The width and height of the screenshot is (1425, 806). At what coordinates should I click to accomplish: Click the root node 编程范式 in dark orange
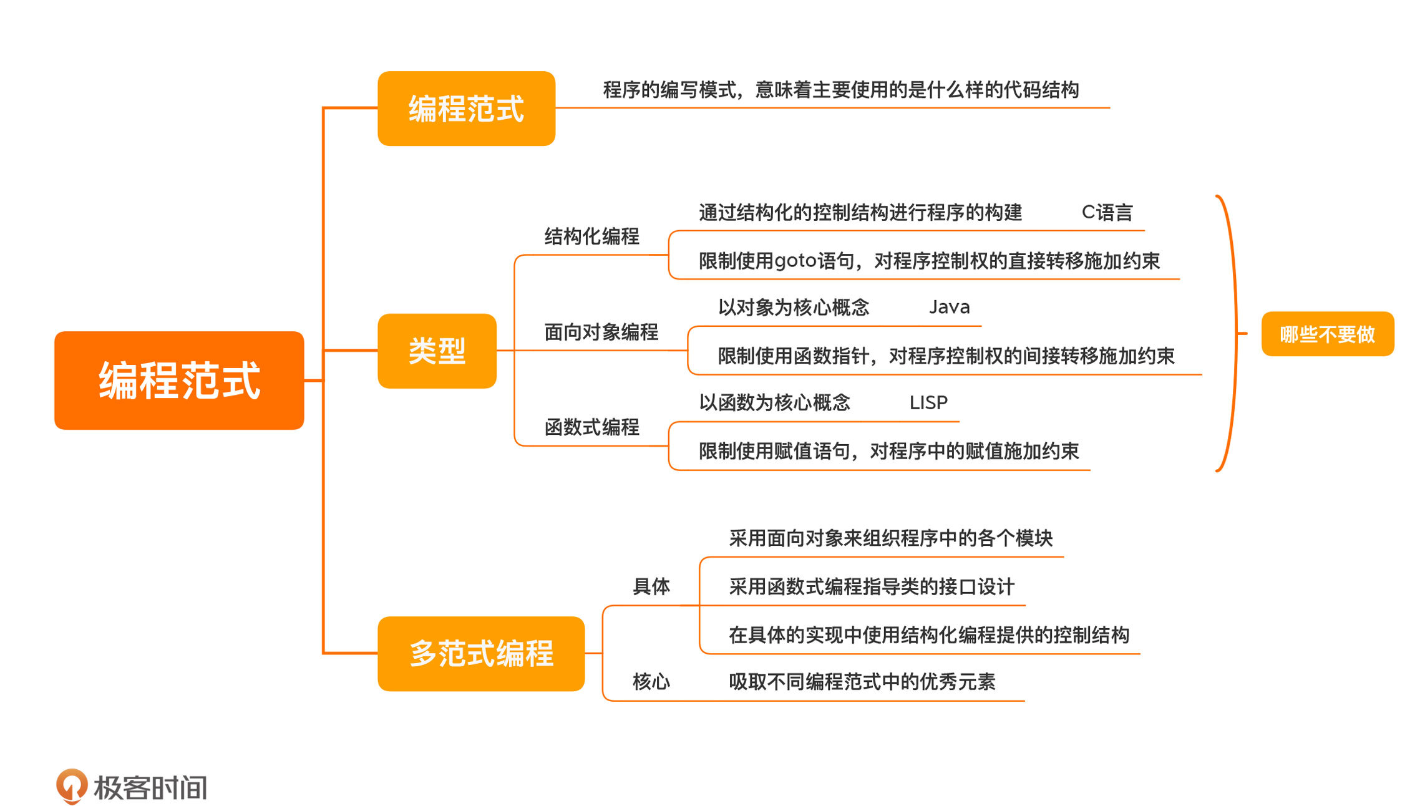179,380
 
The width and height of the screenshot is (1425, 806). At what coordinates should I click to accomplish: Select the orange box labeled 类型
437,351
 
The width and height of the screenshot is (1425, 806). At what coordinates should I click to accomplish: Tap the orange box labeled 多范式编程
481,653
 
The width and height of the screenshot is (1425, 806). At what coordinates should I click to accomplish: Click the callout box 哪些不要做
1327,334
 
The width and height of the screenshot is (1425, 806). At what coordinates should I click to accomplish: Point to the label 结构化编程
591,236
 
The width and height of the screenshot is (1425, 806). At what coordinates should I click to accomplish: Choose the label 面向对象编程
601,332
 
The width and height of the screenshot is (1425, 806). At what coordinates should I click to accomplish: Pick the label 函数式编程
591,427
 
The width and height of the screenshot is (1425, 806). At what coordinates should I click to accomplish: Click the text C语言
1107,213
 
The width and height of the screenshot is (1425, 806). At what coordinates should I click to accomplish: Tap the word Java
949,307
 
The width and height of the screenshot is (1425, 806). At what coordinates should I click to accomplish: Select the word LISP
928,403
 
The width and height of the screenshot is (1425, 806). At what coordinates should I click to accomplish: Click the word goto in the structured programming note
795,261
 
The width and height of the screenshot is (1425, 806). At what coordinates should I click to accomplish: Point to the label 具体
651,586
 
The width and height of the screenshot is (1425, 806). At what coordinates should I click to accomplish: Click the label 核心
651,681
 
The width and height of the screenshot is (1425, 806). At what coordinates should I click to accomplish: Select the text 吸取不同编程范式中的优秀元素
862,681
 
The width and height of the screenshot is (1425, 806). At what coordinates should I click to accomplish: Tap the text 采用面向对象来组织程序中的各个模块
890,538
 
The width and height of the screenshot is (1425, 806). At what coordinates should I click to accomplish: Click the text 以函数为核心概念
774,403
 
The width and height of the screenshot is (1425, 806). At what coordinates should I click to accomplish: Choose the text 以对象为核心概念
793,307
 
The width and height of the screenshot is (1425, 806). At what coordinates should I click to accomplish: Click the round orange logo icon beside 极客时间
72,786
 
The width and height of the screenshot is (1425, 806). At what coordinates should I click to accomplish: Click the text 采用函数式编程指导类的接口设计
871,586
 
